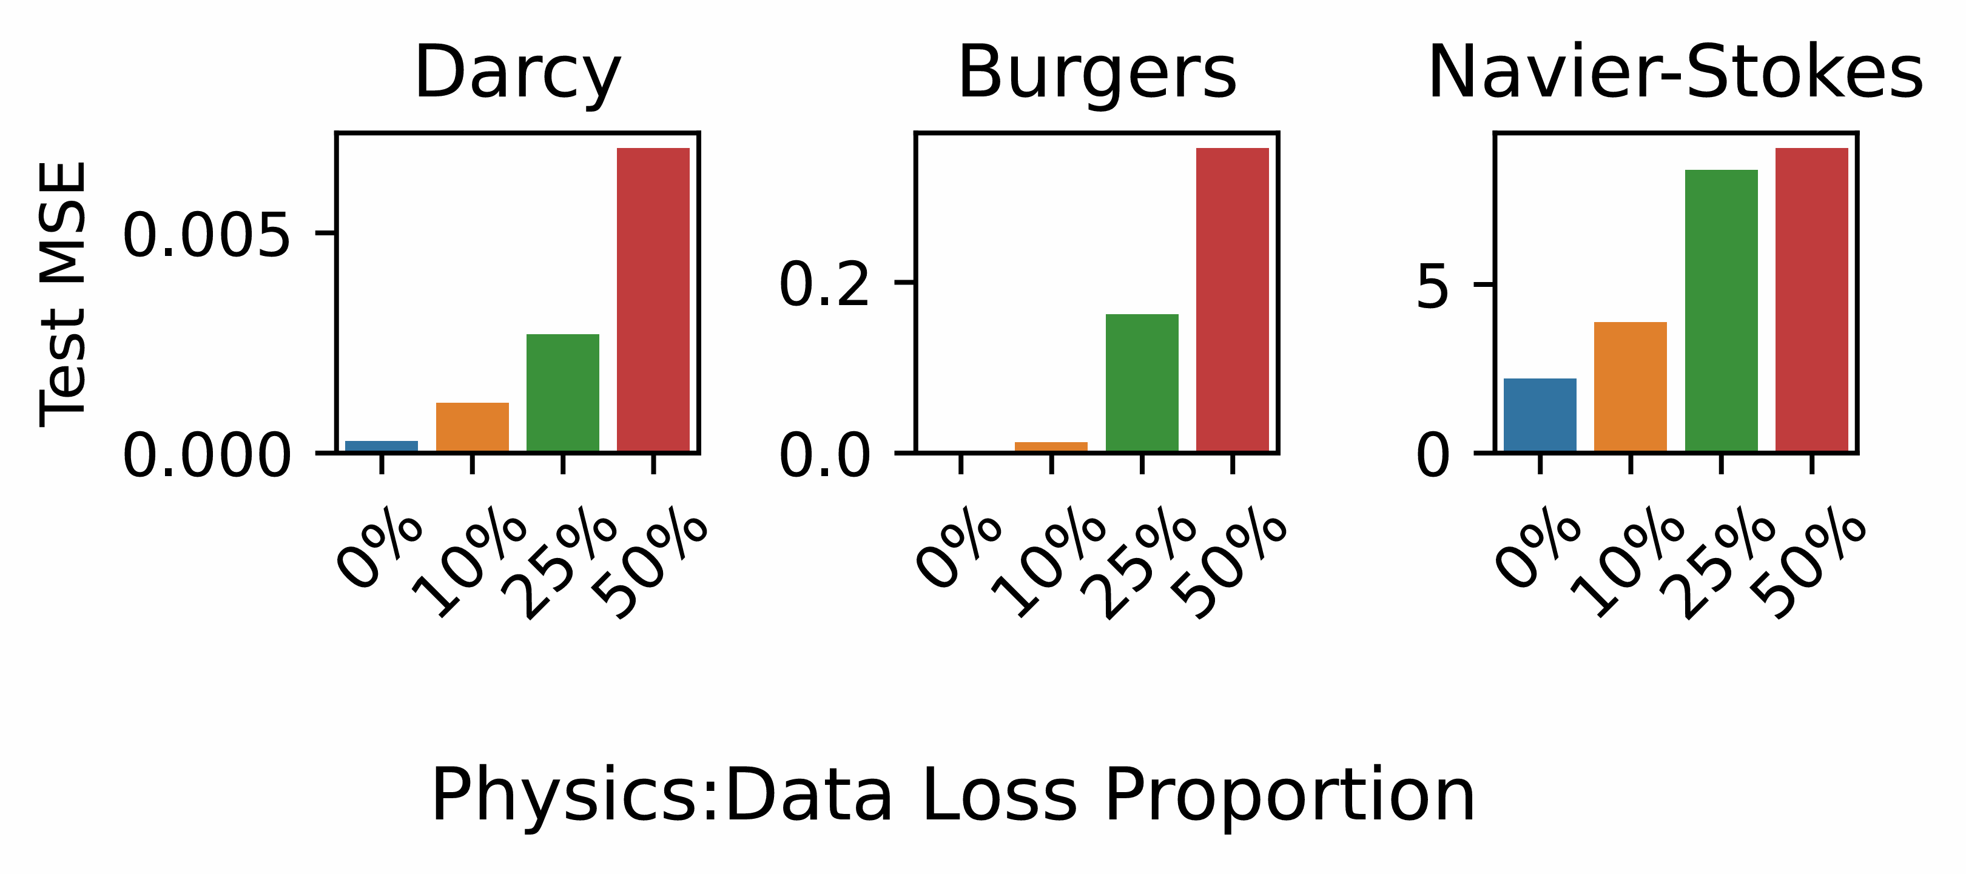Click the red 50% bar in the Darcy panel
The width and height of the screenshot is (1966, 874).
tap(653, 299)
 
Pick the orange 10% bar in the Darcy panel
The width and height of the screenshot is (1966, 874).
tap(473, 427)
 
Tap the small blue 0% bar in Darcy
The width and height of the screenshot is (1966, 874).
tap(382, 446)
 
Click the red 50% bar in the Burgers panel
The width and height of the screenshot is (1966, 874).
tap(1232, 299)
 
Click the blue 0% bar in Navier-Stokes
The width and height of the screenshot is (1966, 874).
tap(1540, 414)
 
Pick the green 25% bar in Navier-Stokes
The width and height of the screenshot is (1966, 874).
tap(1721, 310)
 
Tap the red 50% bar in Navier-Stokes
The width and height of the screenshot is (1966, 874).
tap(1812, 299)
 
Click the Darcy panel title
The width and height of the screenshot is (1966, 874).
tap(517, 73)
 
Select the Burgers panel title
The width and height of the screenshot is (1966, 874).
tap(1097, 73)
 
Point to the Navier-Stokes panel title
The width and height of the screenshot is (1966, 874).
tap(1675, 73)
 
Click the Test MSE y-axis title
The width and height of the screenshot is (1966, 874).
tap(64, 294)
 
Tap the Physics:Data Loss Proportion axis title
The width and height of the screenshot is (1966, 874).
tap(952, 796)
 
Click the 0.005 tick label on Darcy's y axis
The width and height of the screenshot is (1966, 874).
tap(207, 235)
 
